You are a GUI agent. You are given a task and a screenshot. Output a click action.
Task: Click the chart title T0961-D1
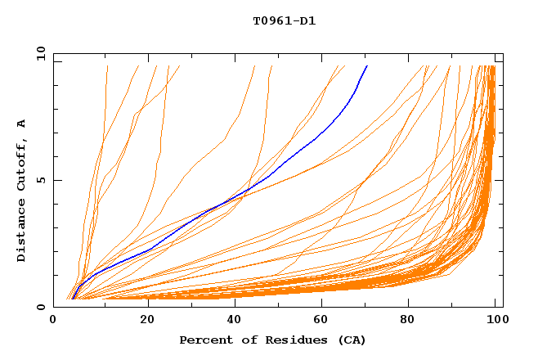[284, 20]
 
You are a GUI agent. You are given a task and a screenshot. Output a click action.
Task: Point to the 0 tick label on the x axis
[53, 320]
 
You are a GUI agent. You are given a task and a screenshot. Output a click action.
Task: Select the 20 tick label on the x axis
[142, 320]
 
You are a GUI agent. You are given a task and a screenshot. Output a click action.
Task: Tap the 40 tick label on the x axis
[231, 320]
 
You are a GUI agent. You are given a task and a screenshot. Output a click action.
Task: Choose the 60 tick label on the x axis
[320, 320]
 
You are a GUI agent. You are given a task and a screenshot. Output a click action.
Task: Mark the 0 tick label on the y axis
[41, 307]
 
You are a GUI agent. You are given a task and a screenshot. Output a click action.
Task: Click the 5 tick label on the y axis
[41, 180]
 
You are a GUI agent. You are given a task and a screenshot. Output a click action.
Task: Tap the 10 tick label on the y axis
[38, 53]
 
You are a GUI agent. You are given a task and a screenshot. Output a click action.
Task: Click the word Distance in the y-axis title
[21, 232]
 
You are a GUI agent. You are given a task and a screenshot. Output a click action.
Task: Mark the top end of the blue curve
[367, 65]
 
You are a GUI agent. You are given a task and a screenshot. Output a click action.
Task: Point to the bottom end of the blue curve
[73, 299]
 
